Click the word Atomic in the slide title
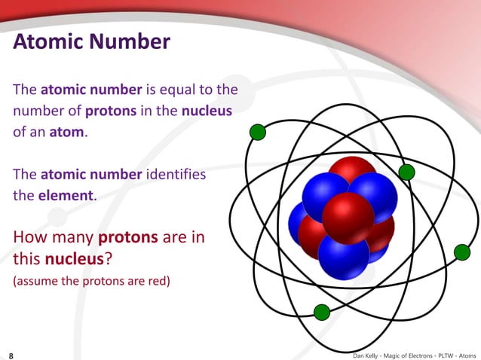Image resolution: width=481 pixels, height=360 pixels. pyautogui.click(x=49, y=41)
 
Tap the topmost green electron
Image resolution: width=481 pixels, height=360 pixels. pyautogui.click(x=258, y=133)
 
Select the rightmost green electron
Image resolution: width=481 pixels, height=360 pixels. pyautogui.click(x=462, y=252)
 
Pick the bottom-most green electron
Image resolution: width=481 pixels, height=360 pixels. pyautogui.click(x=321, y=312)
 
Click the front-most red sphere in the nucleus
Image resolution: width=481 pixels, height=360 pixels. pyautogui.click(x=348, y=218)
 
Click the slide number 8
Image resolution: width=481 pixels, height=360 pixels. pyautogui.click(x=11, y=353)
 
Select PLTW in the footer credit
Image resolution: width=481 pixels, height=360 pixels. pyautogui.click(x=440, y=353)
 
